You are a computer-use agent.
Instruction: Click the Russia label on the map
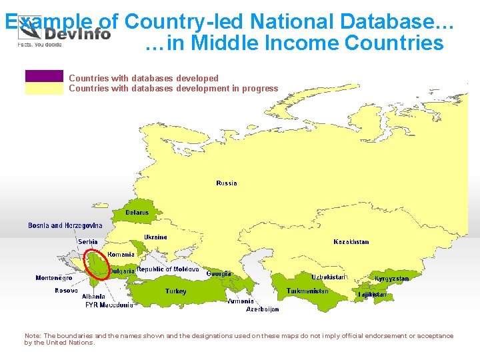pos(227,183)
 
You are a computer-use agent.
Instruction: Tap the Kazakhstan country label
pos(351,242)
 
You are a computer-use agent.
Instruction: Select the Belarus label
pos(137,213)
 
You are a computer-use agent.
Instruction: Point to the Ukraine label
pos(156,237)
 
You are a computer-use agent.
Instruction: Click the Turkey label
pos(176,291)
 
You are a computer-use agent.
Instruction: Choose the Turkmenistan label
pos(307,291)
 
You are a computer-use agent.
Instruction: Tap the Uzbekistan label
pos(329,277)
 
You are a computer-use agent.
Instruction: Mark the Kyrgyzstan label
pos(392,279)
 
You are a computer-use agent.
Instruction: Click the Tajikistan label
pos(372,294)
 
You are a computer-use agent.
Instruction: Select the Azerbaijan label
pos(263,309)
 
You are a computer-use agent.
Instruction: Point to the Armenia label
pos(241,301)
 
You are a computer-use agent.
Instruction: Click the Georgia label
pos(219,274)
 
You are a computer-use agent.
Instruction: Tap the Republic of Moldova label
pos(168,269)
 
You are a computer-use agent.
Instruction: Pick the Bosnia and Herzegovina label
pos(65,226)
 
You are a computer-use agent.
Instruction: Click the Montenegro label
pos(54,278)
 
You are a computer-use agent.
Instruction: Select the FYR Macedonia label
pos(109,305)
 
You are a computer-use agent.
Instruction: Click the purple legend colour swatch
pos(44,76)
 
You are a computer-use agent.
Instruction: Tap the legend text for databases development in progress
pos(173,88)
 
